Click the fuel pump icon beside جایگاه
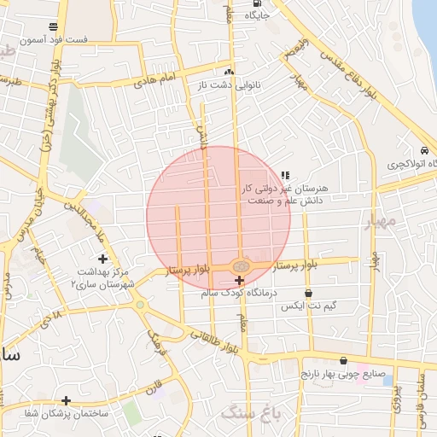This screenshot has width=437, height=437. click(x=257, y=3)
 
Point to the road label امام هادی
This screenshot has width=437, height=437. click(x=154, y=81)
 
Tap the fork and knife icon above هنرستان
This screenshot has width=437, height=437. click(x=285, y=174)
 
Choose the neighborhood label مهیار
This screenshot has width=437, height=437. click(x=380, y=223)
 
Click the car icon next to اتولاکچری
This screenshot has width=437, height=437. click(x=424, y=149)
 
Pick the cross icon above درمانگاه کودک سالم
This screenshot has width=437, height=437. click(x=238, y=280)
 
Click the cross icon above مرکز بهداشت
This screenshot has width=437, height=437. click(x=103, y=259)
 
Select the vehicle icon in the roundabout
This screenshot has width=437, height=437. click(x=240, y=266)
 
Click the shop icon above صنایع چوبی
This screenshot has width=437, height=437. click(x=343, y=360)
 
